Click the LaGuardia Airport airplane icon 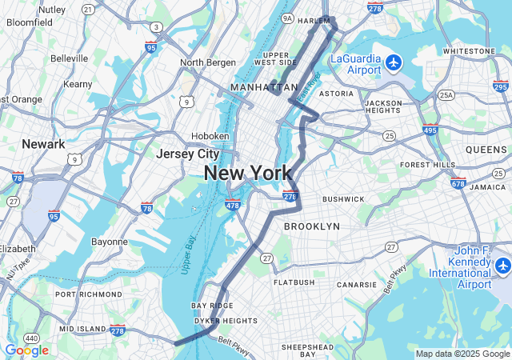(x=393, y=62)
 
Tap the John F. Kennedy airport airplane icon (x=502, y=264)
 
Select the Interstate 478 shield (x=233, y=205)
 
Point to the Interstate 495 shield (x=430, y=129)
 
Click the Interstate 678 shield (x=458, y=183)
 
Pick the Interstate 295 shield (x=501, y=86)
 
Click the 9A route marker (x=286, y=18)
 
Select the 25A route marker (x=446, y=95)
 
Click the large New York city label (x=247, y=173)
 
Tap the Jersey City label (x=188, y=154)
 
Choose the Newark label (x=43, y=144)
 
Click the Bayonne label (x=110, y=242)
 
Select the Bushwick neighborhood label (x=343, y=199)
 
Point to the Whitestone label (x=469, y=50)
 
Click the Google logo (x=26, y=350)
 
